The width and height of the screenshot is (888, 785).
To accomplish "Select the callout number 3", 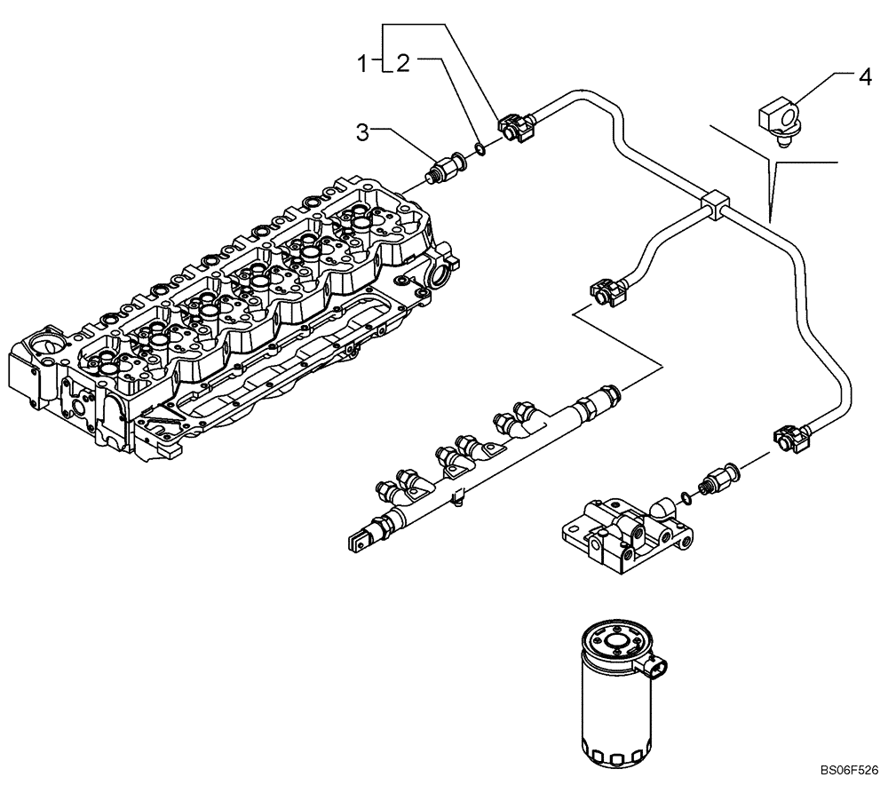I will [362, 133].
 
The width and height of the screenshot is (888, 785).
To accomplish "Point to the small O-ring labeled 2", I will [479, 148].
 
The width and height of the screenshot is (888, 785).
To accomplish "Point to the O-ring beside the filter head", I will [682, 493].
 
